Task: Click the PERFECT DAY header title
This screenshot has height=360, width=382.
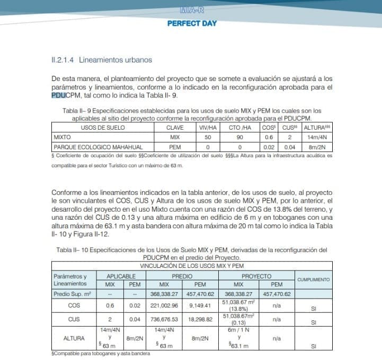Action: coord(192,23)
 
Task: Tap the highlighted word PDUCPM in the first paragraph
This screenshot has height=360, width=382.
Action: coord(63,95)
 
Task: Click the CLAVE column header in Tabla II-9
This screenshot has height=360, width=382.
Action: coord(174,128)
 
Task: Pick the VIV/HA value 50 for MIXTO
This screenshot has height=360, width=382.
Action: coord(208,137)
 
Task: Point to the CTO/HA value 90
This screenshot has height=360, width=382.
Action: coord(239,137)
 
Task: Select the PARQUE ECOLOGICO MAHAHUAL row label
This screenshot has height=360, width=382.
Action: coord(91,147)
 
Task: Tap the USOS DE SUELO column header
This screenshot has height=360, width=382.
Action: coord(103,128)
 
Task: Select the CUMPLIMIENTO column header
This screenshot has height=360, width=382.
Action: coord(313,280)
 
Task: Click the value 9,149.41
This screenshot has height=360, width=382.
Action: coord(200,305)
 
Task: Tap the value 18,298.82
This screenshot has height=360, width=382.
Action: coord(200,320)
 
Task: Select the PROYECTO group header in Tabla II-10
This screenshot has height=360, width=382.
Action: coord(256,276)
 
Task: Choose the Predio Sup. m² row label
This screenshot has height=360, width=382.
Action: coord(74,293)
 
